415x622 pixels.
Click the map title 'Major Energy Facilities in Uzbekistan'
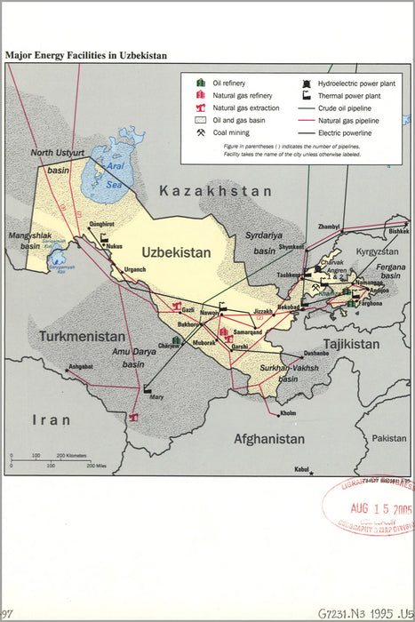tap(85, 55)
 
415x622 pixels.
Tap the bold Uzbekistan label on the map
tap(176, 252)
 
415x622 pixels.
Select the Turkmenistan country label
tap(82, 337)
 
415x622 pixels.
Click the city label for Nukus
tap(114, 245)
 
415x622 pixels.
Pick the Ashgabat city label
tap(81, 366)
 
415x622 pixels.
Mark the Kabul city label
tap(302, 469)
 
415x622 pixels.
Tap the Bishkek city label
tap(398, 231)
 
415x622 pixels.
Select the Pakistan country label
tap(387, 438)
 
